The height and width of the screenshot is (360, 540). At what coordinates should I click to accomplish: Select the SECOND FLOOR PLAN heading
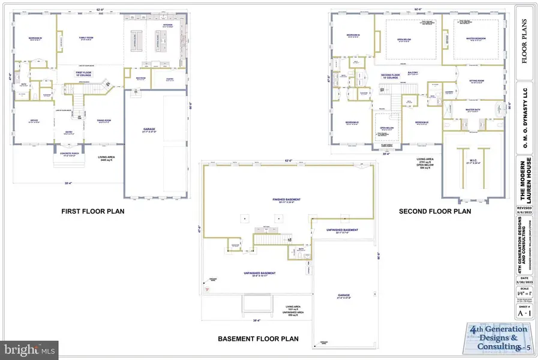point(435,211)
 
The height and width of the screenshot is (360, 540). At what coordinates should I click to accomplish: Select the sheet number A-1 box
point(524,311)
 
